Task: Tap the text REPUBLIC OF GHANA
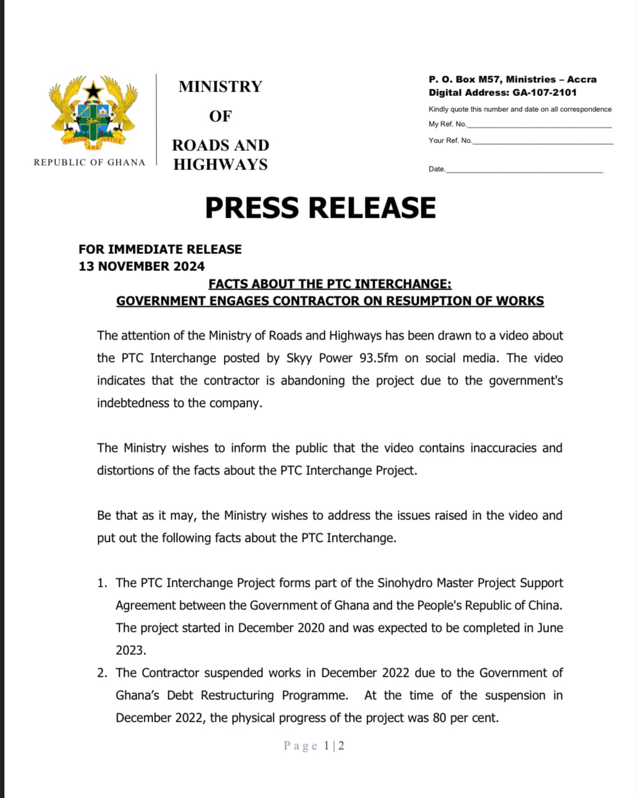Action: (x=89, y=162)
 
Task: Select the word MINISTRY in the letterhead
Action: (x=220, y=87)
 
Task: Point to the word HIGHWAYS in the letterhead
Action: (x=221, y=165)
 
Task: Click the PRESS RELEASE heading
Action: (x=320, y=208)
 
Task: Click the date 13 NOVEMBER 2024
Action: (x=142, y=267)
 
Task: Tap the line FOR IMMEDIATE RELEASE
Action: (x=160, y=250)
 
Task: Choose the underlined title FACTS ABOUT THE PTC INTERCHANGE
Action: (x=330, y=284)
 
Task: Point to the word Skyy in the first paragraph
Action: (x=299, y=358)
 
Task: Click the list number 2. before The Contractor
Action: (x=103, y=673)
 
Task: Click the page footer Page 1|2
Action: (x=314, y=746)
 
